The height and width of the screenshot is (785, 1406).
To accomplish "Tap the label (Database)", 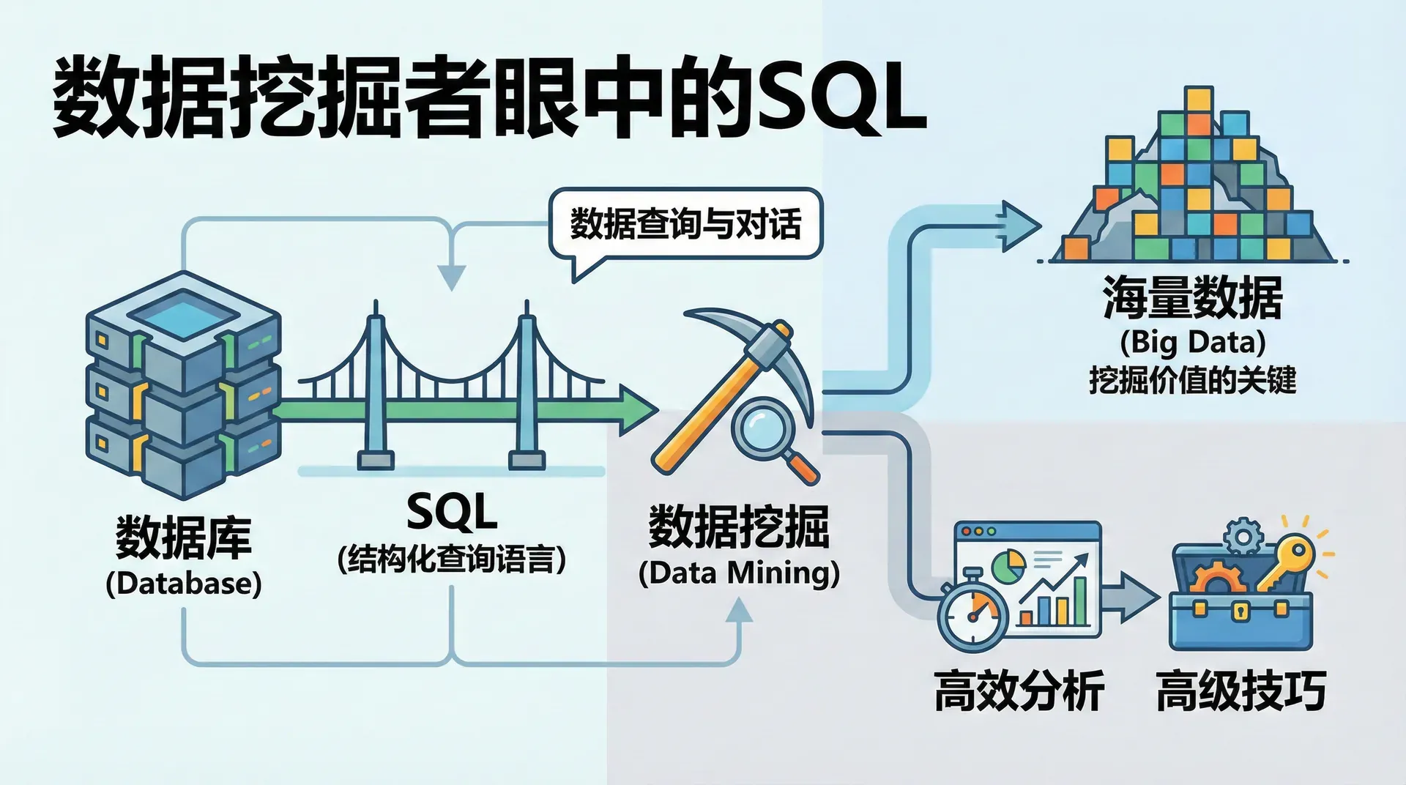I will pos(183,584).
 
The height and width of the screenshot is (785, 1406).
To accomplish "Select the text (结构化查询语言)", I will pos(452,560).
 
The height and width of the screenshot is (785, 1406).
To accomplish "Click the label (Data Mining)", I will pos(738,573).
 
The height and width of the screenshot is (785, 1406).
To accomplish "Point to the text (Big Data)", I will pos(1192,342).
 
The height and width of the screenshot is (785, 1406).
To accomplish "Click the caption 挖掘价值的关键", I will pos(1192,380).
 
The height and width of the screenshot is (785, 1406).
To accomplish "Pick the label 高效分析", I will pos(1019,691).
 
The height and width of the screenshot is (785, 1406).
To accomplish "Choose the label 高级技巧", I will pos(1241,691).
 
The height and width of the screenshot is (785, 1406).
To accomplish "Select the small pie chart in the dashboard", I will pos(1009,565).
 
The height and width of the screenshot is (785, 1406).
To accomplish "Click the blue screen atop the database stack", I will pos(183,311).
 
